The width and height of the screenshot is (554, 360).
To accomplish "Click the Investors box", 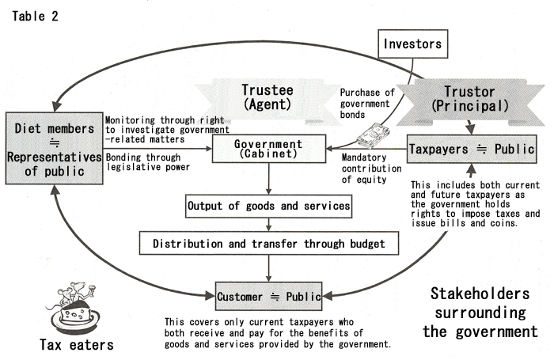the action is point(412,44).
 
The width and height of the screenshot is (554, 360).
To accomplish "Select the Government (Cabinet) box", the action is point(269,149).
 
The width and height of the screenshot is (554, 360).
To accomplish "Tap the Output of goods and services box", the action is point(268,206).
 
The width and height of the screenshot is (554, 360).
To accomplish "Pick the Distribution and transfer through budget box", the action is point(269,244).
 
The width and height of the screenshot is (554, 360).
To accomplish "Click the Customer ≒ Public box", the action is point(268,296).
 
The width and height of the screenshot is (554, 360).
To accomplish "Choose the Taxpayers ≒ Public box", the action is point(472,149).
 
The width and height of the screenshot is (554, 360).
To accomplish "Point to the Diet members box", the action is point(54,149).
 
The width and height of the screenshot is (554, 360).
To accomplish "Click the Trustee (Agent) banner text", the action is point(268,97).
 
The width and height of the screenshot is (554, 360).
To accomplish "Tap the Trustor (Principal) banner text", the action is point(470,99).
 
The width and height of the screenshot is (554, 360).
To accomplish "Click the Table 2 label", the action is point(35,17).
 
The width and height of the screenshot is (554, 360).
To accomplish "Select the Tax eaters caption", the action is point(77,344).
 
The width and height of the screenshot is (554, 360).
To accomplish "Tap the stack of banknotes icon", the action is point(373,135).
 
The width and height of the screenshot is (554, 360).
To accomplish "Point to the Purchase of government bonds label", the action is point(367,104).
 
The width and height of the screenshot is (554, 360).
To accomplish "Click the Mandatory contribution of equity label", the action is point(371,169).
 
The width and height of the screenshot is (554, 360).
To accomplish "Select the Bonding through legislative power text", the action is point(148,162).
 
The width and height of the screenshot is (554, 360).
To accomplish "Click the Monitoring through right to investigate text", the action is point(167,130).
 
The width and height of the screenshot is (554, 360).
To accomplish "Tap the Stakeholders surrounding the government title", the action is point(480,313).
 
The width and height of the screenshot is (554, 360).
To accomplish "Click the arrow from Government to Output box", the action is point(269,179).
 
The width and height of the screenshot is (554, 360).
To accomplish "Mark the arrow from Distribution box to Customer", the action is point(269,268).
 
